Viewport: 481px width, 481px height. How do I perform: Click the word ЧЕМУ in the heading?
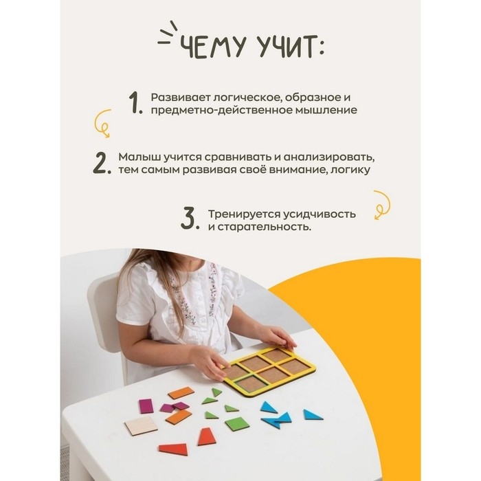[212, 48]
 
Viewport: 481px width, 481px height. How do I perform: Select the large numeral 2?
[101, 163]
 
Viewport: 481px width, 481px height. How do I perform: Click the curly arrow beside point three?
[381, 204]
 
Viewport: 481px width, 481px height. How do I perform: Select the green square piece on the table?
[237, 423]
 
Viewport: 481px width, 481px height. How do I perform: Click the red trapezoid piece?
[206, 436]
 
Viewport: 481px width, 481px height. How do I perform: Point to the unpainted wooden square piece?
[141, 426]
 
